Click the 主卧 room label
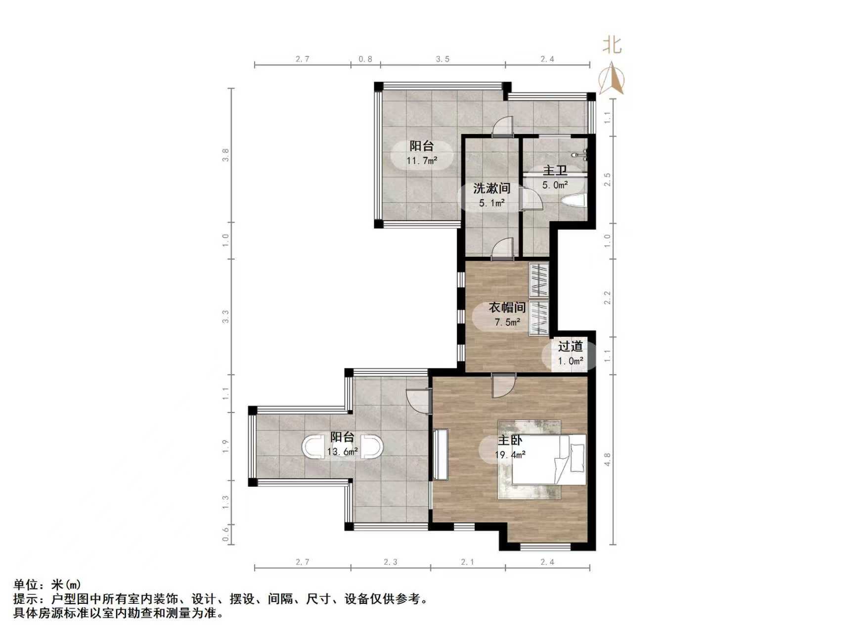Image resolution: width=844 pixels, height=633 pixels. (x=510, y=440)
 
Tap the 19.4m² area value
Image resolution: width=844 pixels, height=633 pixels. (x=510, y=454)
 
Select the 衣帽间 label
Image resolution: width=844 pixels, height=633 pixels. (x=507, y=308)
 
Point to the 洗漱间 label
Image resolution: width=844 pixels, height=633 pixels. (x=491, y=188)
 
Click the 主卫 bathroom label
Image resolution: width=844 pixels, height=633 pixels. (x=555, y=171)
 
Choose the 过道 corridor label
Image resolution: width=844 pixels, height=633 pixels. (x=570, y=346)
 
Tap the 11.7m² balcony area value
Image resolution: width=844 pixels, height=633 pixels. (x=422, y=160)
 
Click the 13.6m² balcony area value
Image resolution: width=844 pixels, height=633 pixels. (x=342, y=452)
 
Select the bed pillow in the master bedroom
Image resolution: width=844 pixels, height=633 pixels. (x=577, y=457)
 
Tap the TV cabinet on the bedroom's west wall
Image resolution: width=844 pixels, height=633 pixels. (x=441, y=454)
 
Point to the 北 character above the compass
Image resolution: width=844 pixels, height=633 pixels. (x=612, y=45)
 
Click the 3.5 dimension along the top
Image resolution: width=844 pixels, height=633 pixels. (x=443, y=59)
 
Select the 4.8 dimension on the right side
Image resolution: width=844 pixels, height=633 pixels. (x=608, y=459)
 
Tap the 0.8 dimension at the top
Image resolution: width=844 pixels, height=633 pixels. (x=365, y=59)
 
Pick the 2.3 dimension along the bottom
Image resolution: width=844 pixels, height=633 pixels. (x=390, y=562)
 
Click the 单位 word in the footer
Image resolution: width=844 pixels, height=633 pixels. (x=25, y=585)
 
